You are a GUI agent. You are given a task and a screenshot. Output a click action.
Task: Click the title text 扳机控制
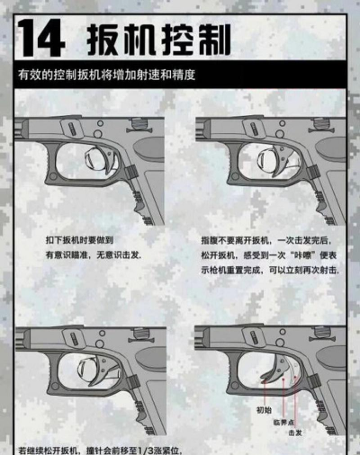point(158,39)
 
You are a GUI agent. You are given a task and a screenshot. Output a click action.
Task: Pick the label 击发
point(294,432)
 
